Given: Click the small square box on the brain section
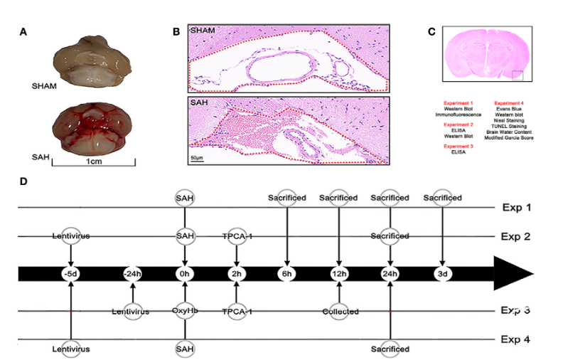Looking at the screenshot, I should click(x=518, y=75).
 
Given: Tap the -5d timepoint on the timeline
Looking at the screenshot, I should click(x=71, y=273).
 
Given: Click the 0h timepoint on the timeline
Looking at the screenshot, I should click(x=184, y=273).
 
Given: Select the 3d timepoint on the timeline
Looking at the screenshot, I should click(x=442, y=273).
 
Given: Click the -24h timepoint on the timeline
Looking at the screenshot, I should click(x=132, y=273).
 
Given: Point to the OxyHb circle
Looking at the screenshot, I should click(x=184, y=311).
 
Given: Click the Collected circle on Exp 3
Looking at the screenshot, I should click(x=339, y=311).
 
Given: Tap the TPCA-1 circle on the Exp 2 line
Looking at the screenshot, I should click(x=236, y=235).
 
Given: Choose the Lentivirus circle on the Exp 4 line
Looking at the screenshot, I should click(x=71, y=349).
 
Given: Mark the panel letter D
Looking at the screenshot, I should click(x=23, y=181).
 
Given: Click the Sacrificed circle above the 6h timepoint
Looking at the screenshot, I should click(x=287, y=197).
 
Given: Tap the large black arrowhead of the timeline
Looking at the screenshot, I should click(x=515, y=273).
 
